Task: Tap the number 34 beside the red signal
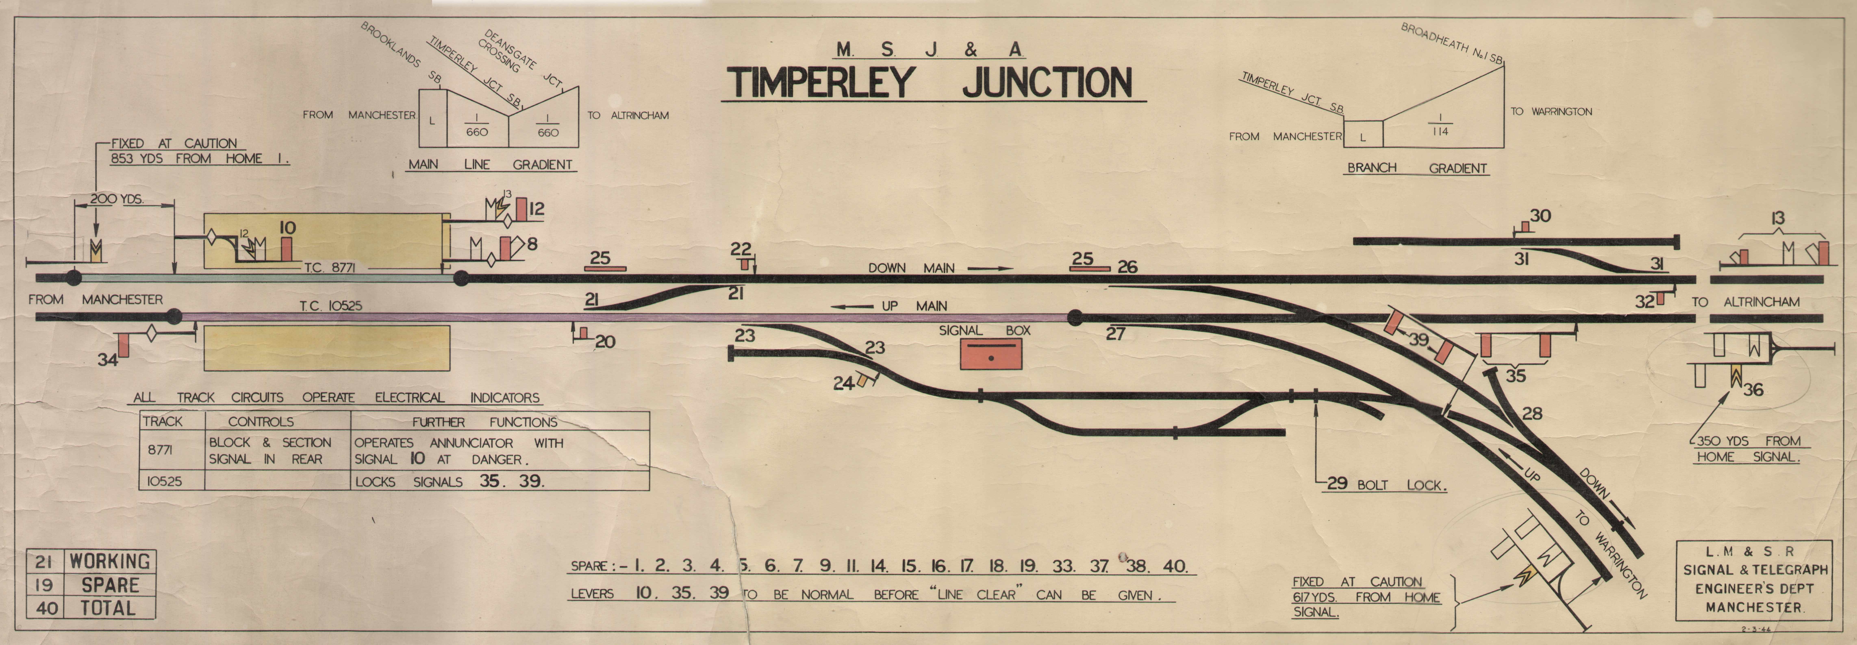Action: tap(108, 359)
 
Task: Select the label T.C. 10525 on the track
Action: tap(331, 306)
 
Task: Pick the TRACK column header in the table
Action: tap(163, 421)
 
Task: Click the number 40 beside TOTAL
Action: tap(47, 607)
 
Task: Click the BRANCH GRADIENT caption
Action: tap(1417, 168)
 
